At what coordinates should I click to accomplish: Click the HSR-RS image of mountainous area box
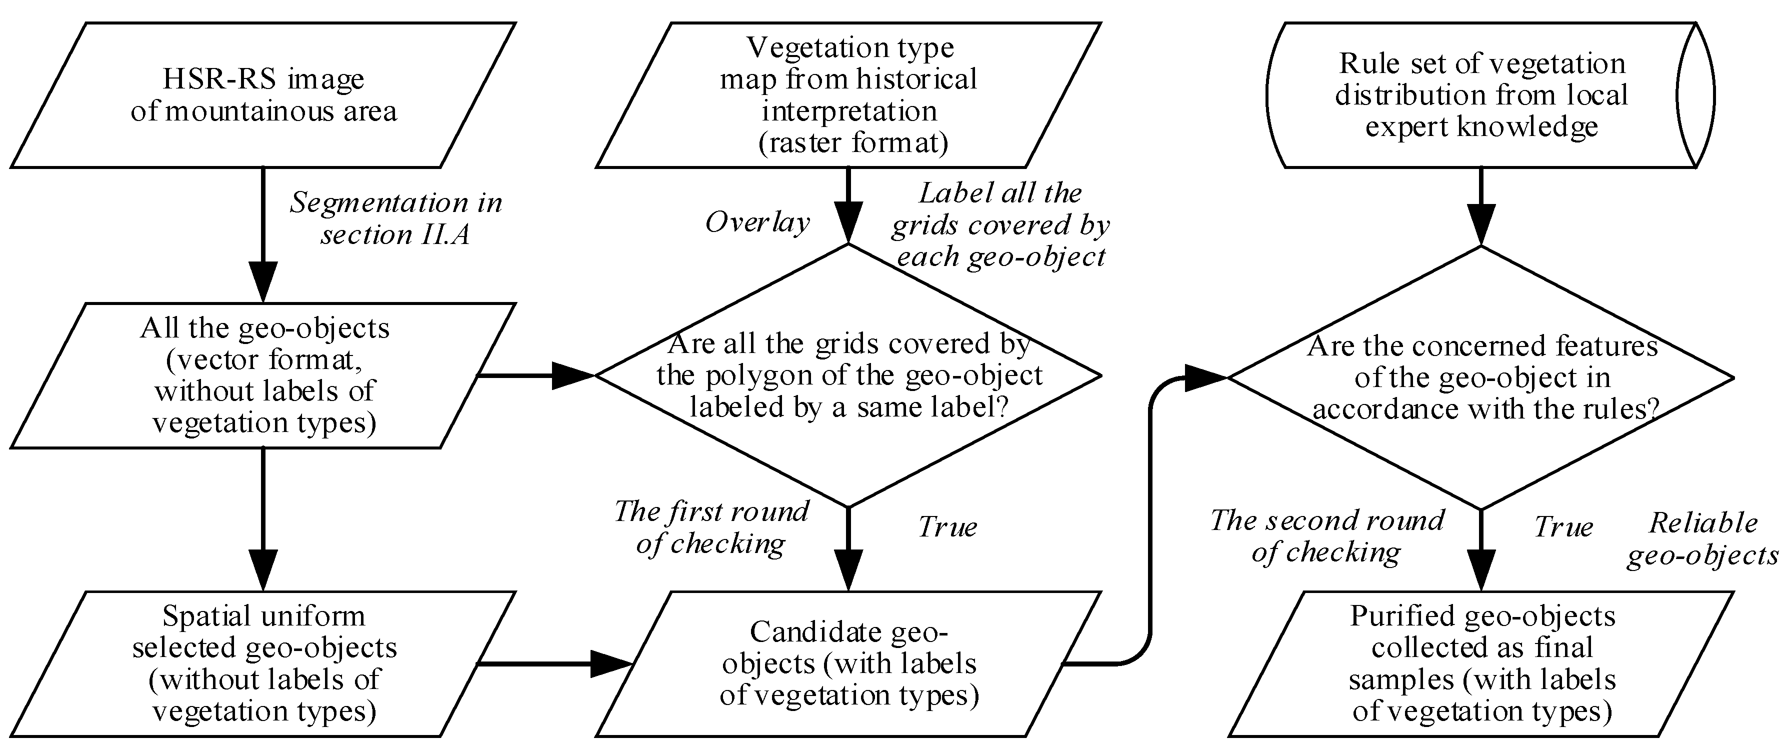click(x=262, y=95)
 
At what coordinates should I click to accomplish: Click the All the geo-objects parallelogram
click(x=262, y=375)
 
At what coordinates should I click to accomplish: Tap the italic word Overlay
click(x=757, y=222)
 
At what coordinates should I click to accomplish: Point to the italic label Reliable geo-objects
click(x=1702, y=539)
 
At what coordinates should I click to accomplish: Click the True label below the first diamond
click(x=947, y=526)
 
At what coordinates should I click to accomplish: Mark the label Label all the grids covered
click(x=1000, y=224)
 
